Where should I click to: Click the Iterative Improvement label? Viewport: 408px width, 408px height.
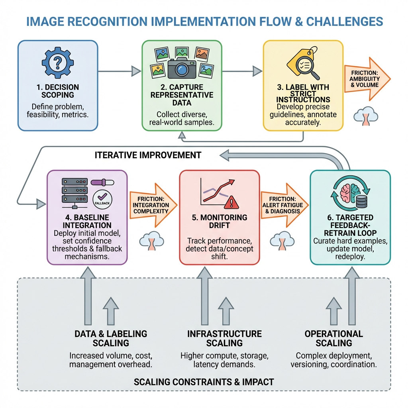tap(148, 155)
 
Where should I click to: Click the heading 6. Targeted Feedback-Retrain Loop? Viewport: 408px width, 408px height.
tap(349, 226)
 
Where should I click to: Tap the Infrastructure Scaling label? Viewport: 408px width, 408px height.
tap(224, 338)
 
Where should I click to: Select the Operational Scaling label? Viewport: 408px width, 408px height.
tap(333, 338)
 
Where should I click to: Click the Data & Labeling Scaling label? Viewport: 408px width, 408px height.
tap(111, 338)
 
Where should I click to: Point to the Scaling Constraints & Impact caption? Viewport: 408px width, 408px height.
tap(204, 382)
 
